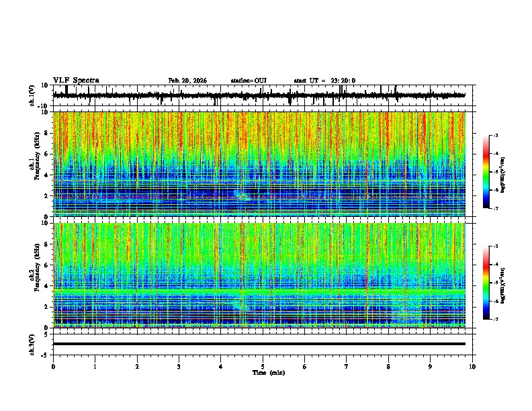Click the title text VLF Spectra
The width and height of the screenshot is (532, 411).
pos(76,81)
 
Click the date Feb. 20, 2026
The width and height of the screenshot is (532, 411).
pos(187,81)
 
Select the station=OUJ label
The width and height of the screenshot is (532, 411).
pos(249,81)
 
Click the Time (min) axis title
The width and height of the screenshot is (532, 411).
pos(268,372)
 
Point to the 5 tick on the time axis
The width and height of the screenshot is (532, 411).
pos(263,366)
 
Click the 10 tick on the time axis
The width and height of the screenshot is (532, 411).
pos(473,366)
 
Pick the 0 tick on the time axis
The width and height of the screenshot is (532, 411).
pos(53,366)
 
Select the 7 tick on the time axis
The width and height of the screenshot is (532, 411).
pos(347,366)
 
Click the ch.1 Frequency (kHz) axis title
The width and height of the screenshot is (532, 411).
pos(33,165)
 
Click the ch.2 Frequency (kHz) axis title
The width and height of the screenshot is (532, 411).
pos(33,275)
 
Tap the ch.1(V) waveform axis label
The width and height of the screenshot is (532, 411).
pos(33,95)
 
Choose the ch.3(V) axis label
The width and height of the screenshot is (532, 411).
pos(33,344)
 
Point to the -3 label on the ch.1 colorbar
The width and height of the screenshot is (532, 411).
pos(495,136)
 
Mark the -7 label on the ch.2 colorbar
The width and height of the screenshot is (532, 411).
pos(495,319)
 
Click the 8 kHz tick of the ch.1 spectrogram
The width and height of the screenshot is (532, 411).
pos(48,133)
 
